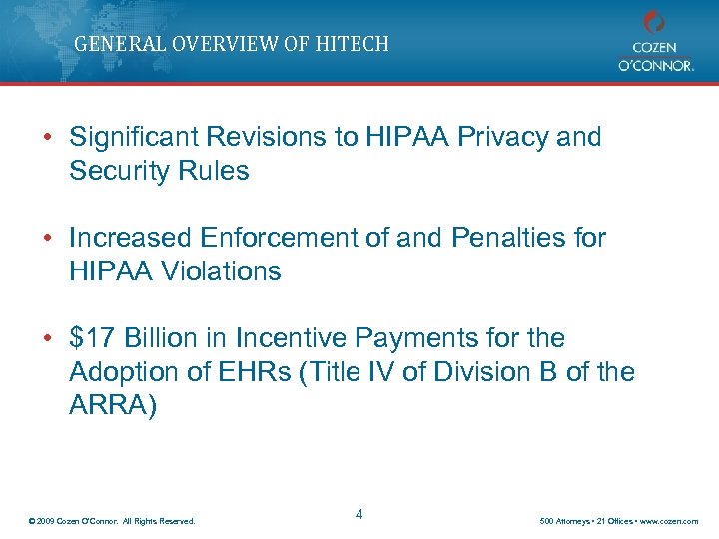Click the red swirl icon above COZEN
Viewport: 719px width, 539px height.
pos(654,22)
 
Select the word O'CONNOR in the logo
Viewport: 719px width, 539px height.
pos(654,64)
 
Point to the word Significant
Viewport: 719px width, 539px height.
pos(135,137)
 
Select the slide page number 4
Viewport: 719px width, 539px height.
pos(359,514)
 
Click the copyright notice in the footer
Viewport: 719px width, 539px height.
pos(113,521)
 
